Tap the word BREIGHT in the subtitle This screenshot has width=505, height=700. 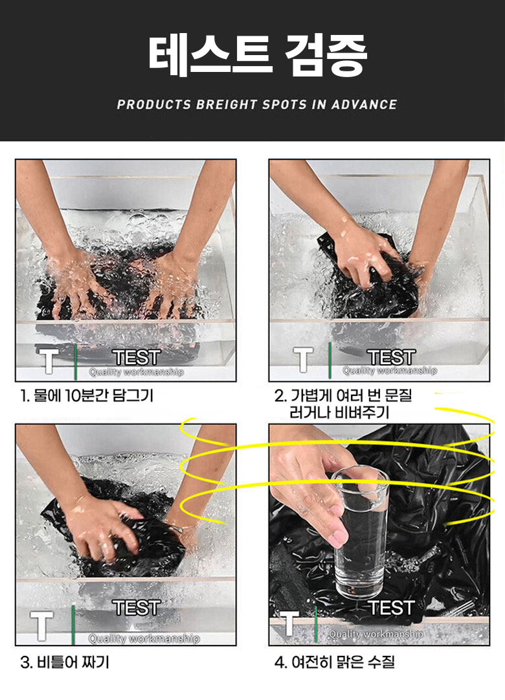[227, 104]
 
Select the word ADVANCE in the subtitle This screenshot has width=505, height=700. [364, 104]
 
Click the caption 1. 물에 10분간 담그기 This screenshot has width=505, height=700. [87, 395]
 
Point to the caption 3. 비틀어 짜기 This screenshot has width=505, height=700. [65, 662]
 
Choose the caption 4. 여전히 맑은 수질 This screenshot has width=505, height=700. [335, 662]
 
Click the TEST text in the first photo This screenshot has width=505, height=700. [137, 357]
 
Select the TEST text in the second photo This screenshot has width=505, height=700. [391, 357]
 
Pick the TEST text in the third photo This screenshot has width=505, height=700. [137, 607]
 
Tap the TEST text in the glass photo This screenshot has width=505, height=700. [391, 607]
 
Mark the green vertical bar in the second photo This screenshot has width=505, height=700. [330, 360]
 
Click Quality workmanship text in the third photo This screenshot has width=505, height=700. [144, 639]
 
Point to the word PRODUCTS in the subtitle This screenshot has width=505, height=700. [153, 104]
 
